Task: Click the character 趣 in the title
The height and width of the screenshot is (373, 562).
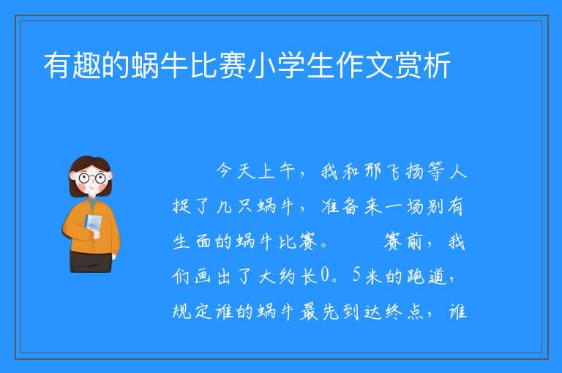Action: tap(87, 65)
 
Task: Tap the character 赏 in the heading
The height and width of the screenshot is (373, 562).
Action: tap(407, 65)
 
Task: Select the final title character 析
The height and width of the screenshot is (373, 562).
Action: tap(436, 65)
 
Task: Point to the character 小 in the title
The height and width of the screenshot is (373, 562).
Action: tap(261, 65)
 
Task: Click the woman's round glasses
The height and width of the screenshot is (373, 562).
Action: tap(92, 178)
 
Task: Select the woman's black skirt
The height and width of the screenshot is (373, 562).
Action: tap(91, 262)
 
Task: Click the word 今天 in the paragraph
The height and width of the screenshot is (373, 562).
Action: tap(236, 171)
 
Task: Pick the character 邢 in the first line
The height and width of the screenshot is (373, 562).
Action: tap(372, 171)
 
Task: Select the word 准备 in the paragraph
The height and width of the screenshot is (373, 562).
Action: tap(340, 207)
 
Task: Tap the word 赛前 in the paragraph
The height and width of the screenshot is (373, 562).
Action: tap(403, 241)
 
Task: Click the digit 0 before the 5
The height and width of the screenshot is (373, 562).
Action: tap(325, 276)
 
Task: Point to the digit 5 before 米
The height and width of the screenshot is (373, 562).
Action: tap(356, 276)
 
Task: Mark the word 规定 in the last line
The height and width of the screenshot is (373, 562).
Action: tap(192, 311)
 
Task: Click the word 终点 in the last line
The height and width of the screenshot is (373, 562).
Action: tap(405, 311)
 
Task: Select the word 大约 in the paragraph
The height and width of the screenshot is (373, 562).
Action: tap(277, 276)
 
